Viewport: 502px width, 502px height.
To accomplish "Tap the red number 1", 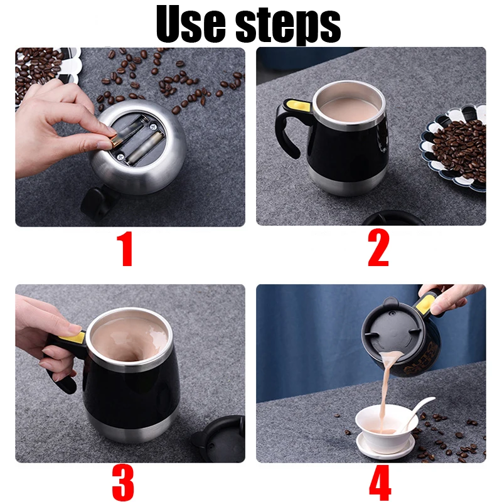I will click(126, 249).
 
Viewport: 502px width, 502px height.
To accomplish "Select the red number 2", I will click(378, 249).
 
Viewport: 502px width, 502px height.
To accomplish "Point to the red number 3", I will click(123, 483).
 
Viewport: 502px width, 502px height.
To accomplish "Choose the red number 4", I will click(379, 483).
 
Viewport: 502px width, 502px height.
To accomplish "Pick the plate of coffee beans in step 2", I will click(457, 147).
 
